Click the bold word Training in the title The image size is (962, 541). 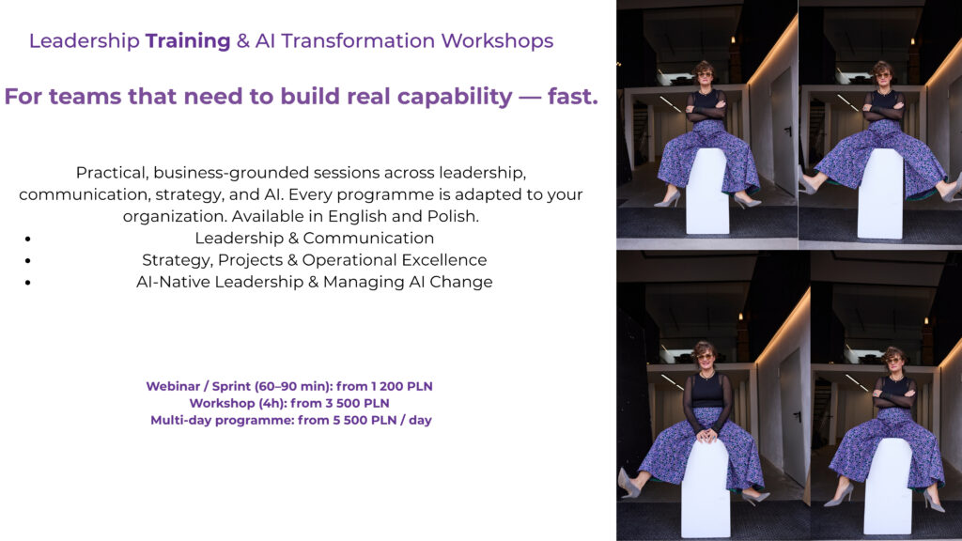(188, 41)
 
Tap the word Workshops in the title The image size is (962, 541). (497, 41)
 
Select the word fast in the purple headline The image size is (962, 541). (572, 97)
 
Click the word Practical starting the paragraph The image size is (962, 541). (112, 173)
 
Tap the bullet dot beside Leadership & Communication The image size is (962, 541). (28, 239)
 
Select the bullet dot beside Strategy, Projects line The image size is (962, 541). (28, 261)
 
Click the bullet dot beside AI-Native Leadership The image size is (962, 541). (28, 283)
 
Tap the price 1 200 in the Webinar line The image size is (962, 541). (386, 386)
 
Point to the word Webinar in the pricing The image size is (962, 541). (173, 386)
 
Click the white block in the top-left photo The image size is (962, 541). (706, 191)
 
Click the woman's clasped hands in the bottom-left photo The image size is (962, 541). (707, 436)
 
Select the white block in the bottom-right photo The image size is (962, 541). (887, 486)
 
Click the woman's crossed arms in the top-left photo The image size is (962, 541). (706, 111)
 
